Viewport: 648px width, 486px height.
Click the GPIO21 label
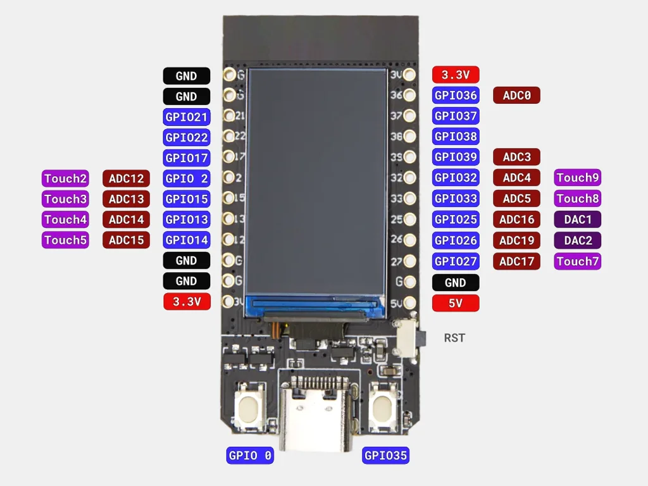pyautogui.click(x=187, y=117)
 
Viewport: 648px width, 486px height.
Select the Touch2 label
pyautogui.click(x=65, y=178)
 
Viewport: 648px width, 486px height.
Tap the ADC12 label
pyautogui.click(x=126, y=178)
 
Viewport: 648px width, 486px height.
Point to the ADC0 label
pyautogui.click(x=516, y=96)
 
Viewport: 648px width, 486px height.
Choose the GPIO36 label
pyautogui.click(x=456, y=96)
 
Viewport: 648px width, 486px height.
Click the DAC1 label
pyautogui.click(x=577, y=220)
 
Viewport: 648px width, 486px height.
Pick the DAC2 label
pyautogui.click(x=577, y=240)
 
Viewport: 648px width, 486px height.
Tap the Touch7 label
pyautogui.click(x=577, y=261)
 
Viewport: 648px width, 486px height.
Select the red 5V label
pyautogui.click(x=456, y=303)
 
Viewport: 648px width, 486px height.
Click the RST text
pyautogui.click(x=454, y=338)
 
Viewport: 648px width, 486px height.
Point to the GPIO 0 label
pyautogui.click(x=250, y=456)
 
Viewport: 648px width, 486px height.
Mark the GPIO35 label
pyautogui.click(x=385, y=456)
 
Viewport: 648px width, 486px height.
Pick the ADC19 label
pyautogui.click(x=516, y=240)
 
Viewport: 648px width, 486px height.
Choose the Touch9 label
pyautogui.click(x=577, y=178)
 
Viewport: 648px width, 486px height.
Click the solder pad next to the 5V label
pyautogui.click(x=409, y=302)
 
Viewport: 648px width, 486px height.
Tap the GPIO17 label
pyautogui.click(x=187, y=158)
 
